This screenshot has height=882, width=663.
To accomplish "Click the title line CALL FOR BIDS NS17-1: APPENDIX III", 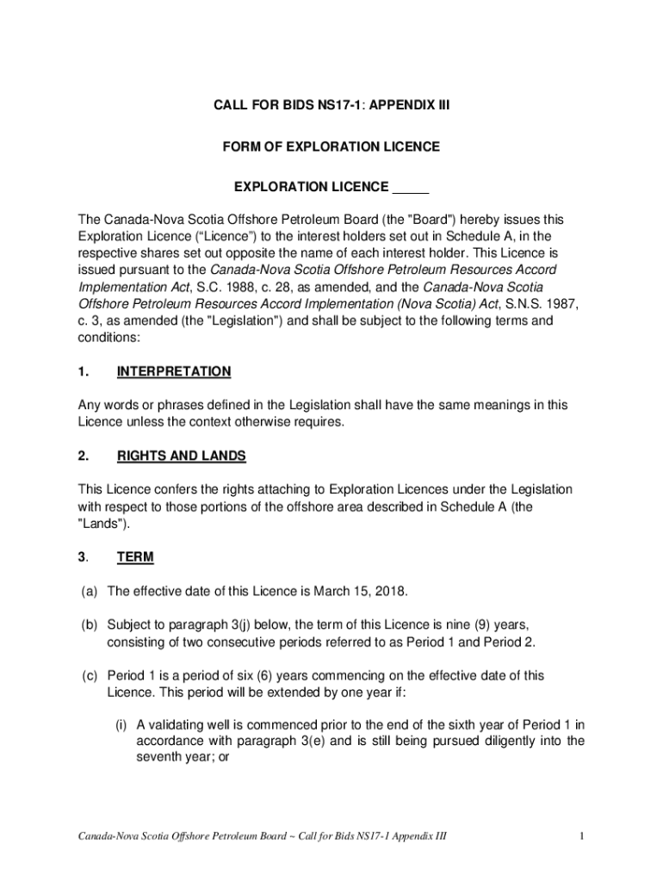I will [331, 106].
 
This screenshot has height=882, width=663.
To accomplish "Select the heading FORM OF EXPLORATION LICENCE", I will [331, 146].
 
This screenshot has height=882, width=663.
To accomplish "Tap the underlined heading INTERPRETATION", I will [174, 371].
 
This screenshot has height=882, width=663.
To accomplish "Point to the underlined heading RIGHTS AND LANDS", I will [181, 456].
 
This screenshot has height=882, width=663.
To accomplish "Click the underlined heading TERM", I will [135, 557].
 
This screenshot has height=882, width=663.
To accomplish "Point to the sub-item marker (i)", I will [122, 725].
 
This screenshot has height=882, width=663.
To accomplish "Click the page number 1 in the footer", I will [582, 836].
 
